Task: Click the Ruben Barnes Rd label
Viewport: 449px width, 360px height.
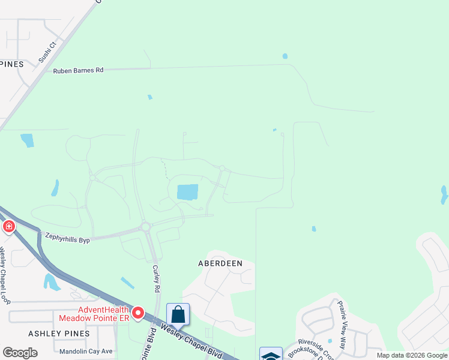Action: pyautogui.click(x=78, y=70)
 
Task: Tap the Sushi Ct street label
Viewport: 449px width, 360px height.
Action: pyautogui.click(x=47, y=53)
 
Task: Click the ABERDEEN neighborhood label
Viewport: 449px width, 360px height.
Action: pyautogui.click(x=220, y=263)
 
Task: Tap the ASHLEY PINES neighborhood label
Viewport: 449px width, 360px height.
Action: pyautogui.click(x=59, y=333)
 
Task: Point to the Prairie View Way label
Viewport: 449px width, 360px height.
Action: pyautogui.click(x=342, y=325)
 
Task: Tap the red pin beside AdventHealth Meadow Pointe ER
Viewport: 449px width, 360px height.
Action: pyautogui.click(x=137, y=313)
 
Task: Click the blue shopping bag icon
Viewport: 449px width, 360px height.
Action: pyautogui.click(x=178, y=314)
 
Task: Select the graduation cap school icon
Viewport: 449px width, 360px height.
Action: pyautogui.click(x=271, y=355)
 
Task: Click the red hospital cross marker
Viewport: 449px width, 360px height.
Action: pyautogui.click(x=8, y=226)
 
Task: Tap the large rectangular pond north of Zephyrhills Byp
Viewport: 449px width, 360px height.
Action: pyautogui.click(x=187, y=192)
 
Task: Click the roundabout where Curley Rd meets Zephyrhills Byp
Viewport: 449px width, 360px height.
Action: pyautogui.click(x=145, y=226)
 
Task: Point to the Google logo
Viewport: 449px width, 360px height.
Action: pyautogui.click(x=20, y=353)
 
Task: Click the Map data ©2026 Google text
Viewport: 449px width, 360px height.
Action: pyautogui.click(x=412, y=355)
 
